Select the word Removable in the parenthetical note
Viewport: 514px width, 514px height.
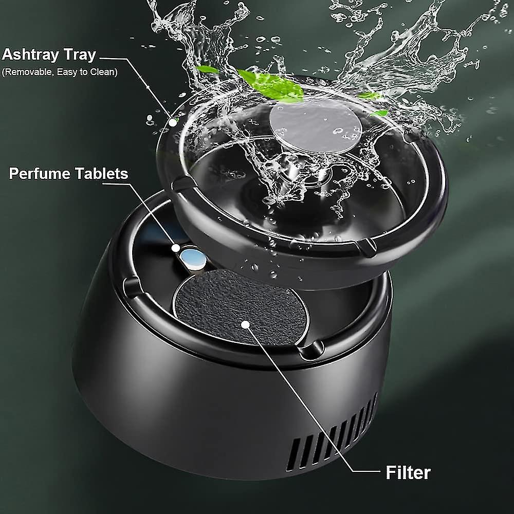point(25,72)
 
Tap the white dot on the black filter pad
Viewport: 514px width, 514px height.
point(246,324)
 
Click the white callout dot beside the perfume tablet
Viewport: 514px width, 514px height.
point(176,248)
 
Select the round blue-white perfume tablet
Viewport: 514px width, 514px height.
point(192,257)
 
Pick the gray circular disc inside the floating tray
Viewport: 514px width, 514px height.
point(315,125)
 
